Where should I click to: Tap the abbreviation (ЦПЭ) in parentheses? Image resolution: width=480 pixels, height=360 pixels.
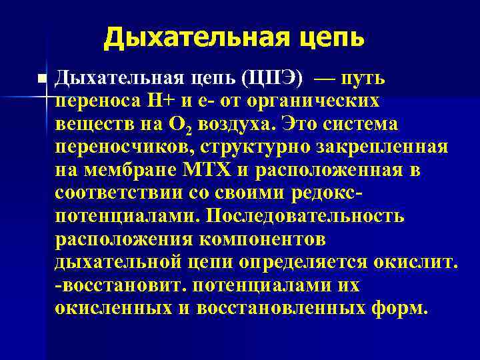pos(274,79)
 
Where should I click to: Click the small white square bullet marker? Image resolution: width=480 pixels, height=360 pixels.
pos(43,79)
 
